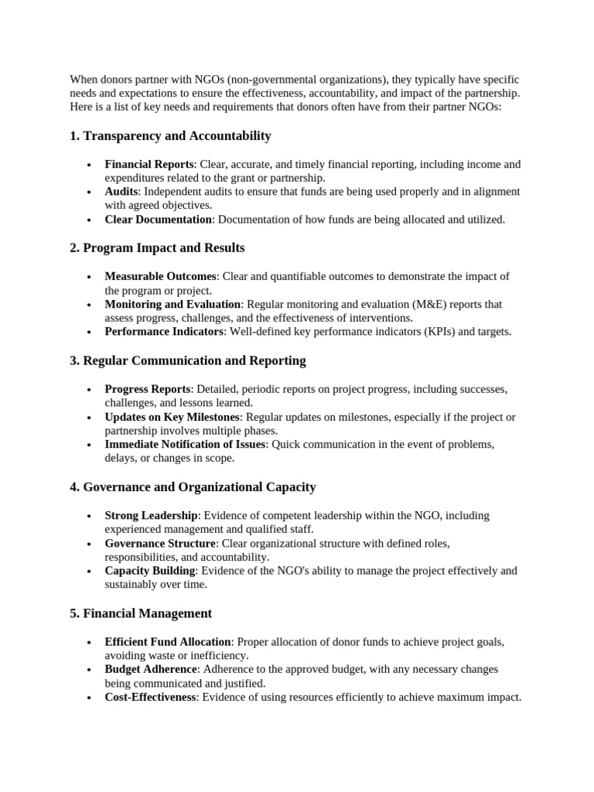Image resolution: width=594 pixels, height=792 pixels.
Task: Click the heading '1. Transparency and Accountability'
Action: click(170, 136)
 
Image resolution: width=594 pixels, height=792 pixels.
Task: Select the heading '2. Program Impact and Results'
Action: click(157, 248)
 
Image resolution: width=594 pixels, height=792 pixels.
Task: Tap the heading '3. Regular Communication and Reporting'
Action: click(188, 360)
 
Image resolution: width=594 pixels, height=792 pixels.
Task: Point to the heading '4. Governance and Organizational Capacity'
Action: click(193, 487)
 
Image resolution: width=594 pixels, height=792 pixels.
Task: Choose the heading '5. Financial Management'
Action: click(141, 613)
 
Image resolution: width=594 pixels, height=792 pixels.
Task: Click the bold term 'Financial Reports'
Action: click(149, 164)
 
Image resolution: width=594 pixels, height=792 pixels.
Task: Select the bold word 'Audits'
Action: click(121, 192)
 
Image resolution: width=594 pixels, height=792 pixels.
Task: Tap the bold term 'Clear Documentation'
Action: click(159, 220)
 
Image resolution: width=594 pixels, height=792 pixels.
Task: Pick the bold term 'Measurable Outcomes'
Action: click(161, 276)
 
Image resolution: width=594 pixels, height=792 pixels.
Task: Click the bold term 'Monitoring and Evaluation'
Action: click(173, 304)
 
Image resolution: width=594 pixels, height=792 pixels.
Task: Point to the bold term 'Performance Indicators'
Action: click(164, 332)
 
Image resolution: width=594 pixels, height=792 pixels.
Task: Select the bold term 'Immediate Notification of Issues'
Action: click(185, 444)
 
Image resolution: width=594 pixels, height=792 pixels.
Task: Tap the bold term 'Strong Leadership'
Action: click(152, 515)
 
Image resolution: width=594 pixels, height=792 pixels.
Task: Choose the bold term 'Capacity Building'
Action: click(150, 571)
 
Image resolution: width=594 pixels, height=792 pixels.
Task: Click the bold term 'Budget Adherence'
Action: click(151, 669)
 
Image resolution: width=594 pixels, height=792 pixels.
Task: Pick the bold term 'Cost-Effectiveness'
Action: click(150, 697)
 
